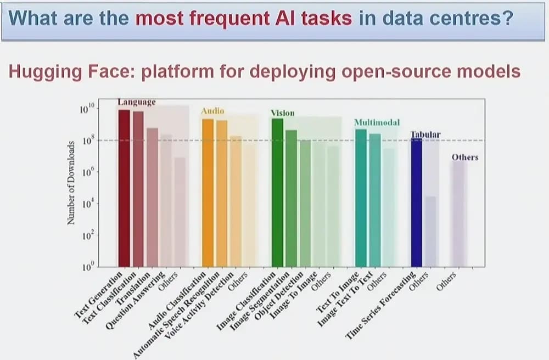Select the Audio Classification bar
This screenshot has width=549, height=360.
click(x=208, y=193)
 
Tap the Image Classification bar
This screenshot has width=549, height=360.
click(x=277, y=193)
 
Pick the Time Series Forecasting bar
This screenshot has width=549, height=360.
click(x=417, y=203)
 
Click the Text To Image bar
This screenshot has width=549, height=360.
click(x=361, y=198)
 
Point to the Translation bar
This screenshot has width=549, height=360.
click(x=152, y=198)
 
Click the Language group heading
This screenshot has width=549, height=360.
click(x=137, y=102)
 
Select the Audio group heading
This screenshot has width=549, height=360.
click(x=212, y=111)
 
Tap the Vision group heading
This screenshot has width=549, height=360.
click(x=283, y=113)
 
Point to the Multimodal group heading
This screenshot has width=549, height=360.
click(x=377, y=122)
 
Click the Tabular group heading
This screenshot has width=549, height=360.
click(x=426, y=134)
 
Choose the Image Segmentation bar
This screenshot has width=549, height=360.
click(x=292, y=198)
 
